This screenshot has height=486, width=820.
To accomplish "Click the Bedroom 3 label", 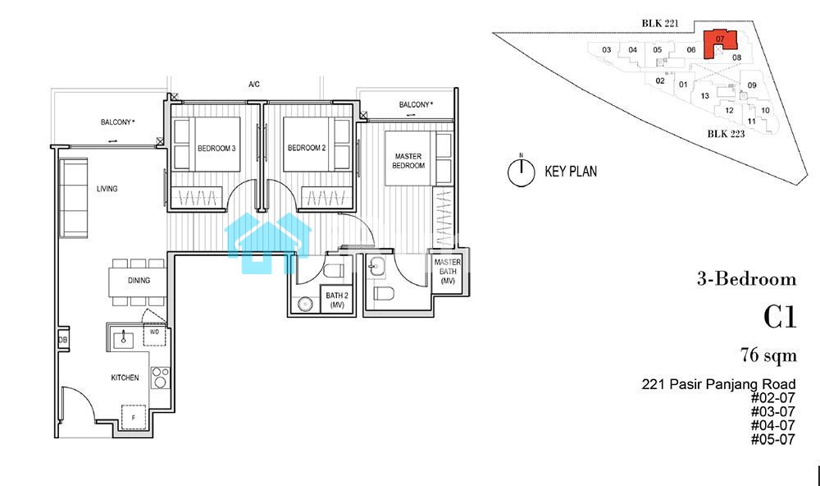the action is tap(216, 149).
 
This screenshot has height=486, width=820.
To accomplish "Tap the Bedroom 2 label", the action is tap(307, 148).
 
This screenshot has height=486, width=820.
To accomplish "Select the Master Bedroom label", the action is tap(408, 161).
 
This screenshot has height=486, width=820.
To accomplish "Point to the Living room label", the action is tap(107, 189).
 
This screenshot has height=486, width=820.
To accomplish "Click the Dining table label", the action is tap(139, 281).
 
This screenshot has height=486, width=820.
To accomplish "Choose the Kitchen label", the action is tap(125, 378).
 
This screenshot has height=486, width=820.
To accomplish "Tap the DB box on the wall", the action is tap(63, 340).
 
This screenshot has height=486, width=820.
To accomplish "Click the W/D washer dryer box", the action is tap(155, 334).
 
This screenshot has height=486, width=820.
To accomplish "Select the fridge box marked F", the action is tap(134, 417).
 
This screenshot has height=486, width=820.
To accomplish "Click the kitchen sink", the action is tap(124, 339).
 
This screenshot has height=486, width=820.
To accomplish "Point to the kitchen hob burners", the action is tap(160, 377).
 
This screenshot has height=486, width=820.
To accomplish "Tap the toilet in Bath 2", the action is tap(333, 270).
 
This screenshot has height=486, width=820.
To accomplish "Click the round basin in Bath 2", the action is tap(304, 305).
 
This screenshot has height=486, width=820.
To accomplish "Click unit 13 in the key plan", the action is tap(705, 96).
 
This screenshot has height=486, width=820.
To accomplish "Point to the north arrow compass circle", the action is tap(522, 172).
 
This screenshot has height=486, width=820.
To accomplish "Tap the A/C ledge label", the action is tap(254, 85).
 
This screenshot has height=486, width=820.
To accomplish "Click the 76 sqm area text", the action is tap(768, 355).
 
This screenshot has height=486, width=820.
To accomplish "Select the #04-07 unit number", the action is tap(773, 425).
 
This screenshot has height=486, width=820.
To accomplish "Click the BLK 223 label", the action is tap(726, 134).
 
